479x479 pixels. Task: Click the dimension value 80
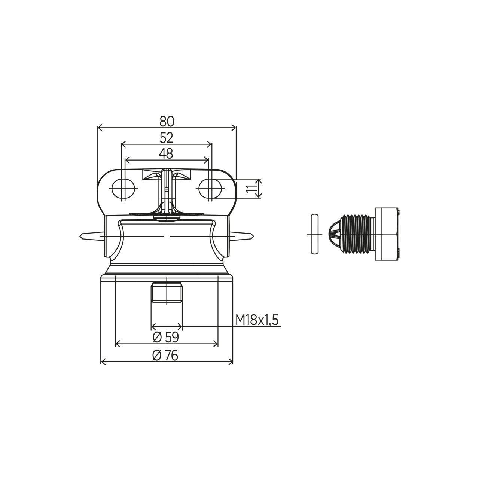coord(167,122)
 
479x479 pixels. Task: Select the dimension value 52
coord(166,138)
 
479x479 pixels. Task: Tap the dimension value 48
coord(166,154)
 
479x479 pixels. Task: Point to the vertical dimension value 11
coord(251,188)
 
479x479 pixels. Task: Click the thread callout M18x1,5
coord(257,320)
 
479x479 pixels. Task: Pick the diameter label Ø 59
coord(166,337)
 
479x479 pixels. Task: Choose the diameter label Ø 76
coord(165,356)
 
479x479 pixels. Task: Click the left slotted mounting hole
coord(123,188)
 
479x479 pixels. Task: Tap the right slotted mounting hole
coord(210,188)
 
